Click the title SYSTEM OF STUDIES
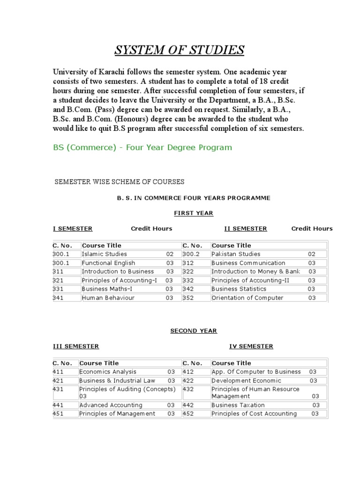click(x=180, y=50)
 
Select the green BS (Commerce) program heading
click(x=142, y=148)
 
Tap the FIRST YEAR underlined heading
click(x=194, y=213)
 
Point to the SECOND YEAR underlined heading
click(x=194, y=331)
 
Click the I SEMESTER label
click(x=73, y=229)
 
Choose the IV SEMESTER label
click(x=251, y=346)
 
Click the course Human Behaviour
click(x=108, y=298)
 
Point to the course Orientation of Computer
click(x=247, y=298)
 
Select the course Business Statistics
click(x=239, y=289)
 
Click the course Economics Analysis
click(x=108, y=372)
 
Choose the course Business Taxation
click(x=238, y=405)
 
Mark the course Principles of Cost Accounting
click(x=254, y=413)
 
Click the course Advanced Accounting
click(x=111, y=405)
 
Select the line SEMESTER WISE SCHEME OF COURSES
click(x=120, y=182)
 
